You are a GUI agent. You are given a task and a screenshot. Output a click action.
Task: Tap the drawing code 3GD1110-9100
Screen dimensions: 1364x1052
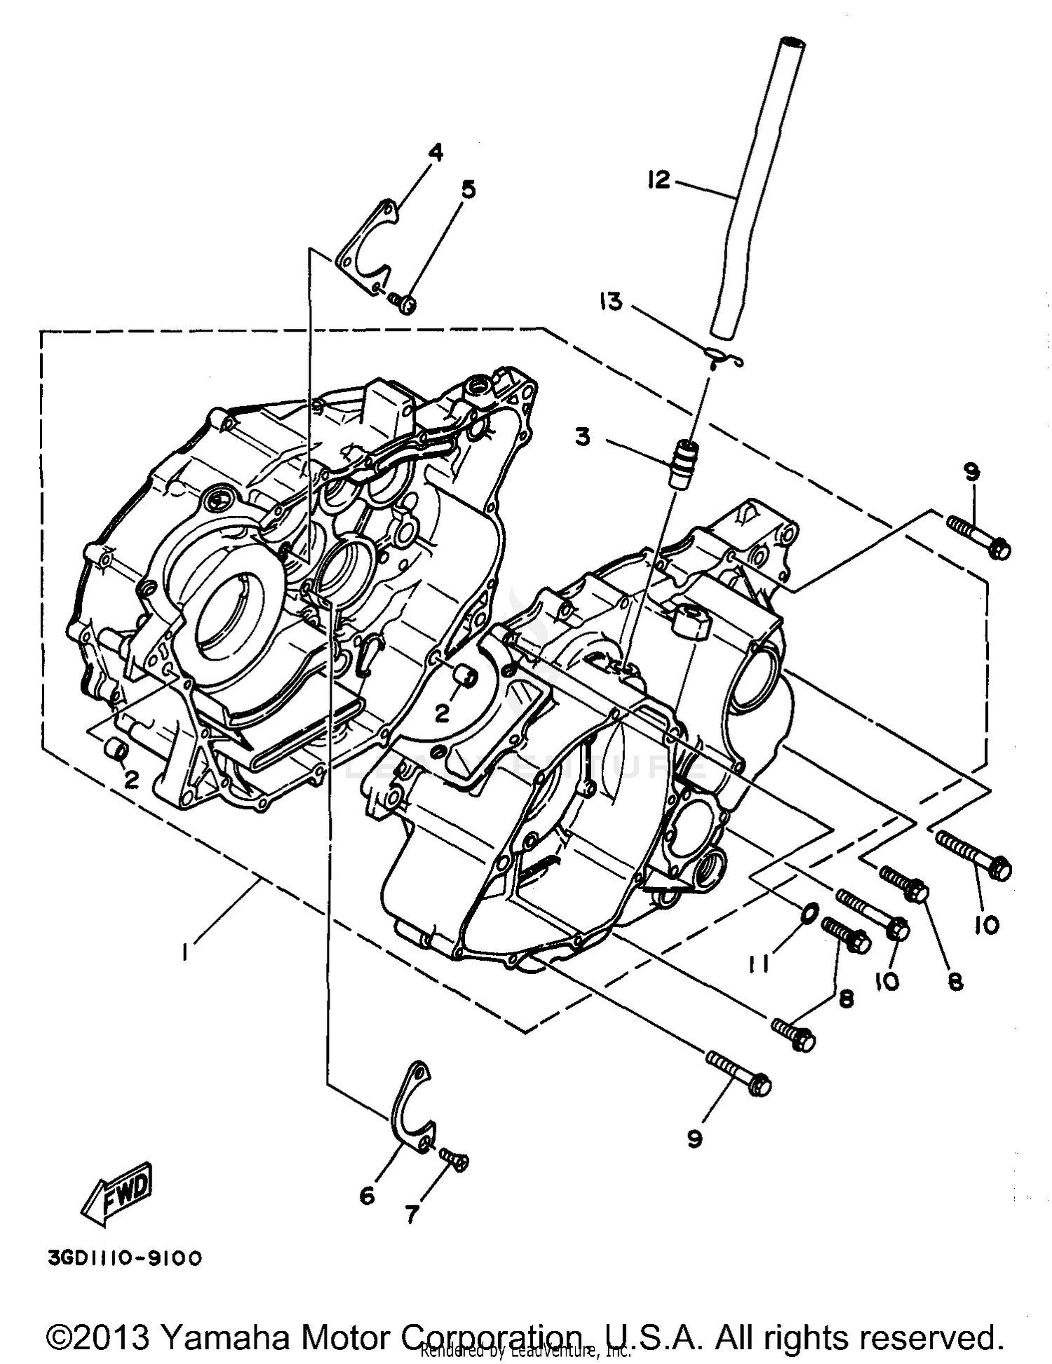tap(125, 1259)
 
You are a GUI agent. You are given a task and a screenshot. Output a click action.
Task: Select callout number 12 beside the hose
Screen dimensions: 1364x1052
tap(659, 180)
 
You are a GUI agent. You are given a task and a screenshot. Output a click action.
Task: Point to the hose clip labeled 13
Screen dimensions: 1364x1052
tap(722, 358)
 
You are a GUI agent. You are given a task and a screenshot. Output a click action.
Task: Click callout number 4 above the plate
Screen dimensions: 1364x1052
tap(436, 151)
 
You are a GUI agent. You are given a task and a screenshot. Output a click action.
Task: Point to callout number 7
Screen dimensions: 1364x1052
tap(412, 1214)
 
